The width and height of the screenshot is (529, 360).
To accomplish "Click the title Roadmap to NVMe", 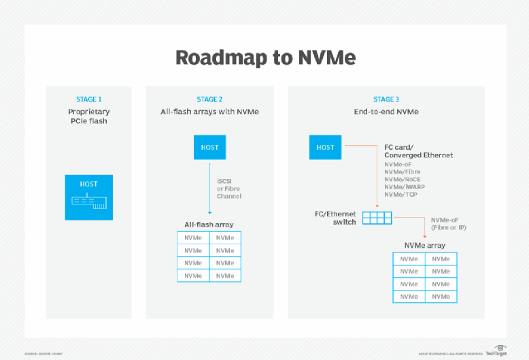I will (x=264, y=57).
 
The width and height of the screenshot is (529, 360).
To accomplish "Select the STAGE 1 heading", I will (x=88, y=99).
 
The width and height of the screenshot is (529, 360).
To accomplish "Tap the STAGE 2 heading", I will (x=209, y=99).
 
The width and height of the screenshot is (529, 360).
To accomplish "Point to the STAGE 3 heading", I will (x=386, y=99).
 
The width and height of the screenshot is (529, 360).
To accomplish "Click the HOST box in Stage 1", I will (x=88, y=197).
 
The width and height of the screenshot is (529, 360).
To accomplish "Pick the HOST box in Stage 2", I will (x=209, y=147).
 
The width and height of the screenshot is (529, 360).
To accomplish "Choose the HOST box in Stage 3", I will (x=325, y=147).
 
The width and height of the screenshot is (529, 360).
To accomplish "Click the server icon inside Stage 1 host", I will (x=88, y=202).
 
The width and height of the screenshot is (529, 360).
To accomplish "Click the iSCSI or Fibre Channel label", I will (x=229, y=188).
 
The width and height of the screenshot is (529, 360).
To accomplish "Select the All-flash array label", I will (x=209, y=224).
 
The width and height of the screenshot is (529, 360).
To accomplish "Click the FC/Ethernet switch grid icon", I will (x=377, y=218).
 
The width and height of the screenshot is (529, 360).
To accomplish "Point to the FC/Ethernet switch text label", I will (x=335, y=218).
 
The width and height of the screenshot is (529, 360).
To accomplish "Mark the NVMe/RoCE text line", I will (x=403, y=180).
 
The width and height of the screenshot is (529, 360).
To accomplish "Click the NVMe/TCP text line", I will (x=401, y=195).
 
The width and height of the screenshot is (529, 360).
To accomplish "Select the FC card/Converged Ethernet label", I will (x=418, y=151).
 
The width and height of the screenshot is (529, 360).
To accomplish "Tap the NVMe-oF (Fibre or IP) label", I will (x=448, y=223).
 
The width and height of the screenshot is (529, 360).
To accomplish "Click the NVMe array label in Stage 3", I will (x=424, y=245).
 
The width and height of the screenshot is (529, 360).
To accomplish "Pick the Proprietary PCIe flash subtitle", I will (x=88, y=116).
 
